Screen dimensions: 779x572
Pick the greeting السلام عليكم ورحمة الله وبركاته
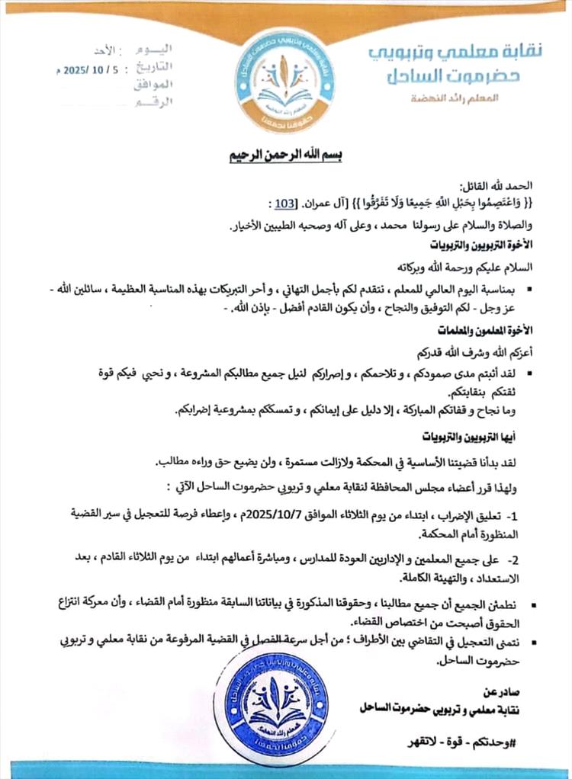pos(471,268)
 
